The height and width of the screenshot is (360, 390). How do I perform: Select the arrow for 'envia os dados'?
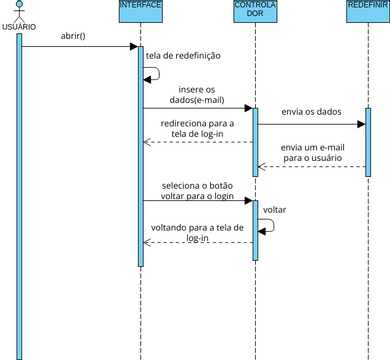[312, 124]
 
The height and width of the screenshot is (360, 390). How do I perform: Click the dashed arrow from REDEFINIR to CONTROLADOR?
[312, 166]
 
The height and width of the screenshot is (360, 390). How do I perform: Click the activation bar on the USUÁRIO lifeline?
[18, 190]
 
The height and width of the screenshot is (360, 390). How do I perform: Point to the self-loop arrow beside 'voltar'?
[267, 225]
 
